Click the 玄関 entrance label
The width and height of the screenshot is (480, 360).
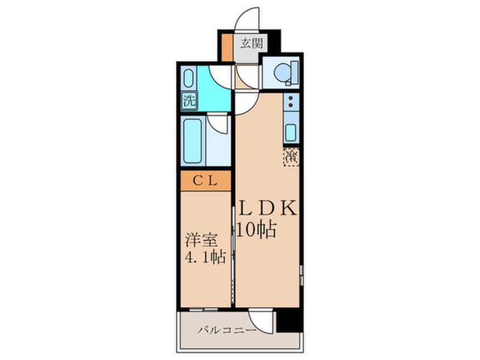pos(251,43)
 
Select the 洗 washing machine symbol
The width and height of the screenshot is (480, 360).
pos(189,101)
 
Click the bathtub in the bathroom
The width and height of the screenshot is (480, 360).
pos(192,141)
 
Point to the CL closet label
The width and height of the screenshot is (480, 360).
pos(205,181)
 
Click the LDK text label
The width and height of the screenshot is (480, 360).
pos(268,208)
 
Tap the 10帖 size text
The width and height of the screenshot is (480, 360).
pos(257,229)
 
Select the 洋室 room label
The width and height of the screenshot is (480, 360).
pos(201,240)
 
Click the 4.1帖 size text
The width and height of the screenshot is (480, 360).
pos(205,257)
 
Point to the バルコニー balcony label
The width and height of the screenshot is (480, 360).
pos(226,330)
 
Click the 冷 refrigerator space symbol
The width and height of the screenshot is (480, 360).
pos(291,157)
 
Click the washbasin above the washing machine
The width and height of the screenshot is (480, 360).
pos(189,78)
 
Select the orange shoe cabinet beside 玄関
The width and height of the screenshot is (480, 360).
pos(227,48)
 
